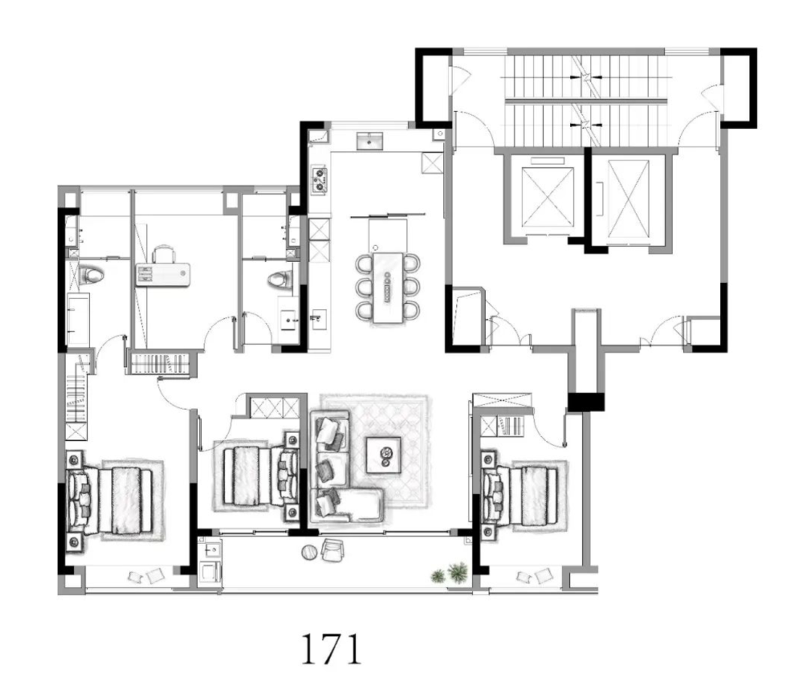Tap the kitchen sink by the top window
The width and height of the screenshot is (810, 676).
(x=370, y=140)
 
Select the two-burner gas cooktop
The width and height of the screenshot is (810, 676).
(x=319, y=179)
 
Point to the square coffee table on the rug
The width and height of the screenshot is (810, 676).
(x=383, y=455)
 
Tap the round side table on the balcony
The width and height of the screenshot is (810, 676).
(x=310, y=552)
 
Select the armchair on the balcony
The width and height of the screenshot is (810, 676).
(x=333, y=550)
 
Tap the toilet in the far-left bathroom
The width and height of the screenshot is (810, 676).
(x=91, y=275)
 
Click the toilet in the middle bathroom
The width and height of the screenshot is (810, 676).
(x=280, y=280)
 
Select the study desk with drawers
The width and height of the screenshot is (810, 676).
(x=163, y=275)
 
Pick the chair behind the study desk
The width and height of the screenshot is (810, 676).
(x=164, y=254)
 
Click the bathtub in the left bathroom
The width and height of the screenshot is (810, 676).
(x=78, y=320)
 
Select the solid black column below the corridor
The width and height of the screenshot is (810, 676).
(x=586, y=402)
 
